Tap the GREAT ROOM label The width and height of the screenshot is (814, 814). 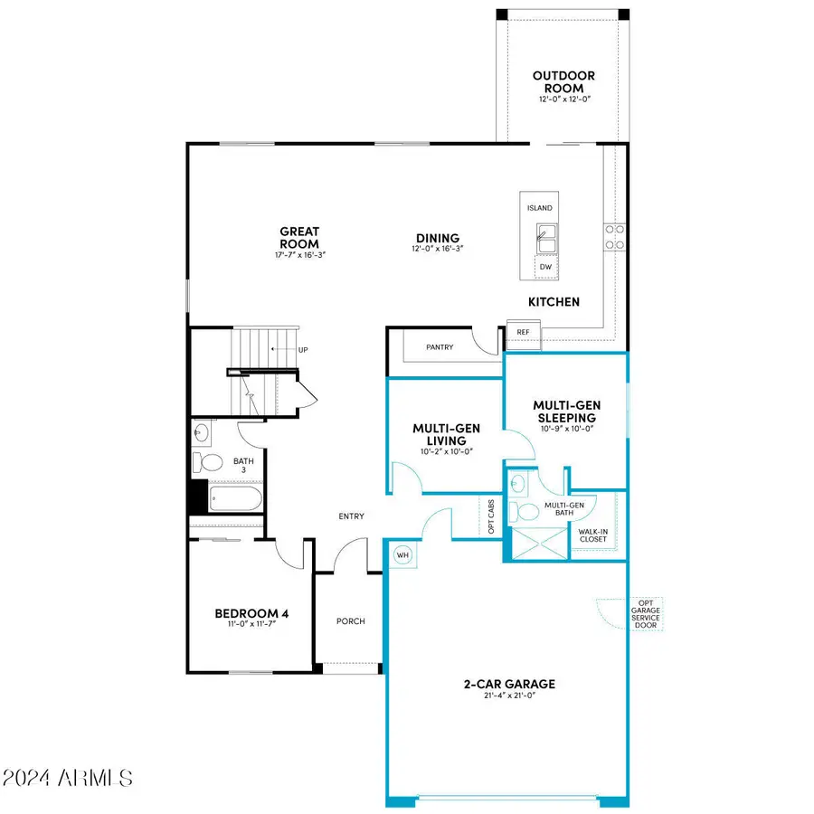pyautogui.click(x=298, y=238)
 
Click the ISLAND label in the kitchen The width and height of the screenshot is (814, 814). pyautogui.click(x=539, y=208)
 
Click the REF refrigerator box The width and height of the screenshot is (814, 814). pyautogui.click(x=523, y=333)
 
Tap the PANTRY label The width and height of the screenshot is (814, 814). pyautogui.click(x=440, y=347)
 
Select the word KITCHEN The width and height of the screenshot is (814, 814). pyautogui.click(x=554, y=302)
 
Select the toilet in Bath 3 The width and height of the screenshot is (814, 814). pyautogui.click(x=211, y=463)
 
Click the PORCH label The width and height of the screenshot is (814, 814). pyautogui.click(x=350, y=620)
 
